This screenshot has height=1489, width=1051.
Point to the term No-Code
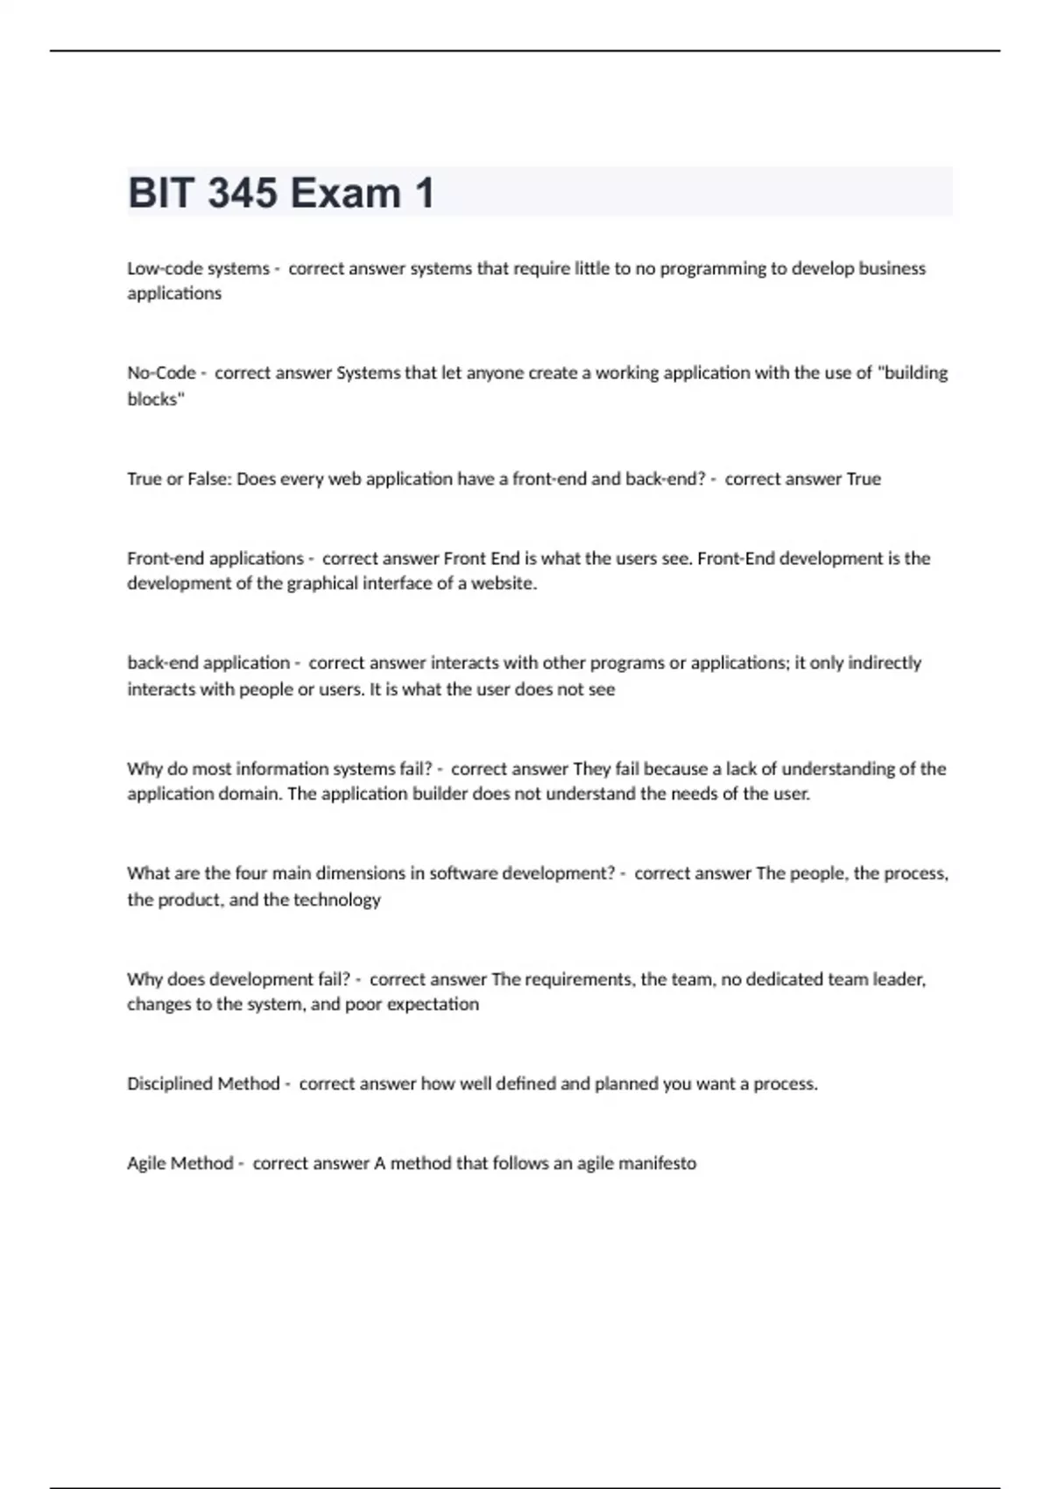click(161, 373)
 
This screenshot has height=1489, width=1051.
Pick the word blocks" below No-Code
click(155, 399)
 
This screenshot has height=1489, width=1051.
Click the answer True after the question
click(864, 479)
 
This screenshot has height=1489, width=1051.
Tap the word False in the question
click(208, 479)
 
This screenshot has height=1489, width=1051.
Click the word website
click(504, 584)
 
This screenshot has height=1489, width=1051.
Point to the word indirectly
click(884, 663)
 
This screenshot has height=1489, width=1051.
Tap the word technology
click(337, 900)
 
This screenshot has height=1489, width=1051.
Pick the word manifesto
click(657, 1163)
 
